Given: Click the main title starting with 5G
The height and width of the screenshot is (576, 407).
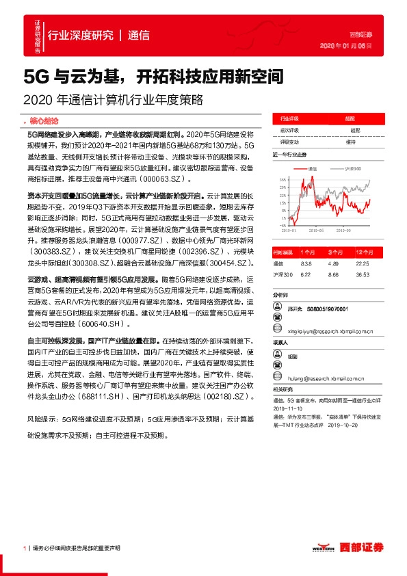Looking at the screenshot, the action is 153,75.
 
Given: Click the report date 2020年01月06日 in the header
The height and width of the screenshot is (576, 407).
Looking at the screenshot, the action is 346,47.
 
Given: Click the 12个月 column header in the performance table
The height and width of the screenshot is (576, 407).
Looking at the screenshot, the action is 363,252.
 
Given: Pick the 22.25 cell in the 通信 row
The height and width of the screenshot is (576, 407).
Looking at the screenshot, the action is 363,263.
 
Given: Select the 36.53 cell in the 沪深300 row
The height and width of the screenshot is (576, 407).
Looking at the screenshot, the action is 363,274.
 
